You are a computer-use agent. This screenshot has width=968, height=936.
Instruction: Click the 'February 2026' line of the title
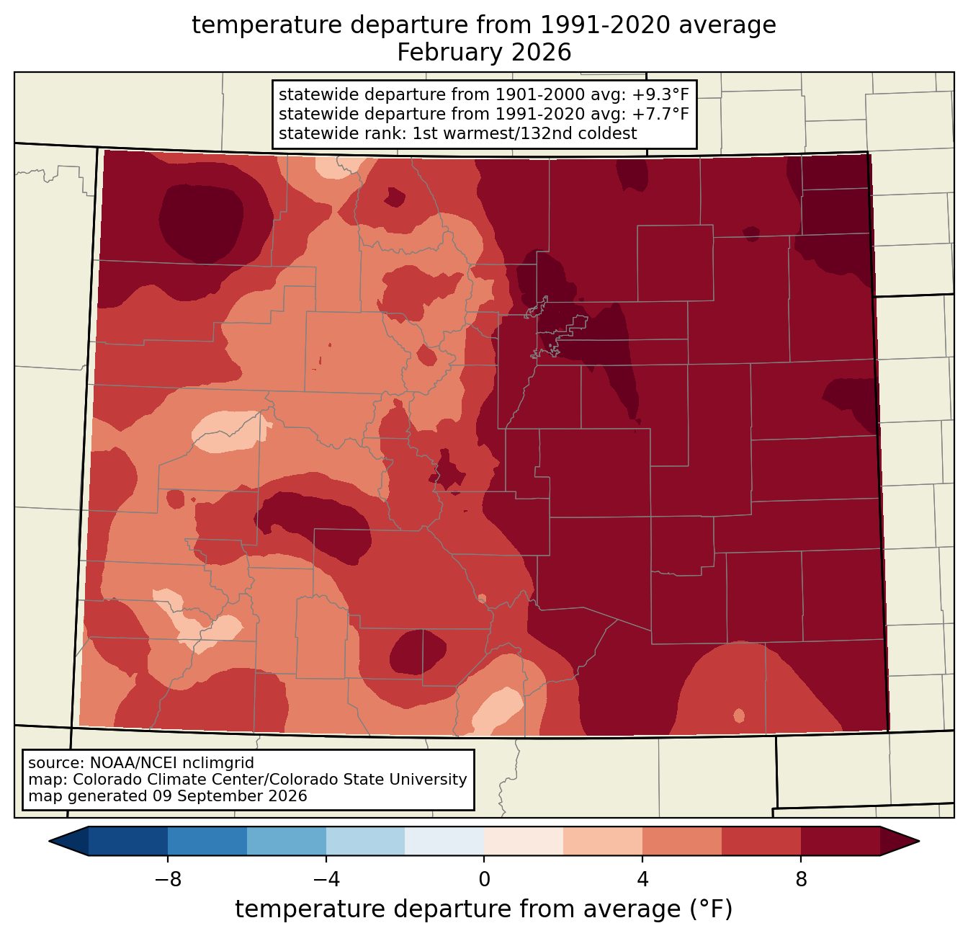(x=483, y=53)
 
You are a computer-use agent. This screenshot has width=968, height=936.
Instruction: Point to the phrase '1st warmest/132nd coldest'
(x=524, y=133)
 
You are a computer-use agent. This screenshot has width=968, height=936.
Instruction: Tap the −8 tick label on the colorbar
(x=168, y=880)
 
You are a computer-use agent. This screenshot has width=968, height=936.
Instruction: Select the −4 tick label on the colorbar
(x=326, y=880)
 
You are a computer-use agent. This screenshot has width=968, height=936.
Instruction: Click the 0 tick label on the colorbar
(x=484, y=880)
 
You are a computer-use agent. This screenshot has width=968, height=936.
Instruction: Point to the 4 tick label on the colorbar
(x=642, y=880)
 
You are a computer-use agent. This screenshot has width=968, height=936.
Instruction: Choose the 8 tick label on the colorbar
(x=800, y=880)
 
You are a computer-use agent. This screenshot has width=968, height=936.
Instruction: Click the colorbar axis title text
(x=483, y=909)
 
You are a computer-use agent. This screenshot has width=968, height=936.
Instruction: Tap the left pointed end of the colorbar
(x=49, y=842)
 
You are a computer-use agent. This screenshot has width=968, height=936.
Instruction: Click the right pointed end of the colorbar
(x=919, y=842)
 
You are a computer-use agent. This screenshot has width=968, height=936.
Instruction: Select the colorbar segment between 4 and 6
(x=681, y=842)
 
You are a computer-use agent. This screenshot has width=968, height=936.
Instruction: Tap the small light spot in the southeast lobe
(x=739, y=716)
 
